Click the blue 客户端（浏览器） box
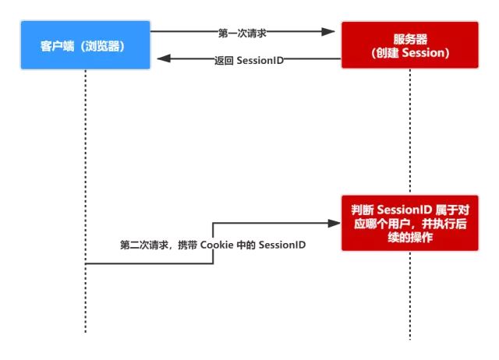[x=84, y=46]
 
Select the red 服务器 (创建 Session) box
[x=409, y=46]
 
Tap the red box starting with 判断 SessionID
[x=409, y=222]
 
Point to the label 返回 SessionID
[x=249, y=60]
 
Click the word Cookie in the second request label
[x=218, y=245]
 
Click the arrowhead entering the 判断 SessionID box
[x=334, y=223]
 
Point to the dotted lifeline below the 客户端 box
[x=85, y=156]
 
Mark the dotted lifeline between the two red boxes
[x=409, y=132]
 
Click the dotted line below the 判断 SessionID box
[x=409, y=296]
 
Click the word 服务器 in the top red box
[x=409, y=38]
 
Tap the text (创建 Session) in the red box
[x=409, y=53]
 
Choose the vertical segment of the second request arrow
[x=213, y=243]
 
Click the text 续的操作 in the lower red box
[x=409, y=237]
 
